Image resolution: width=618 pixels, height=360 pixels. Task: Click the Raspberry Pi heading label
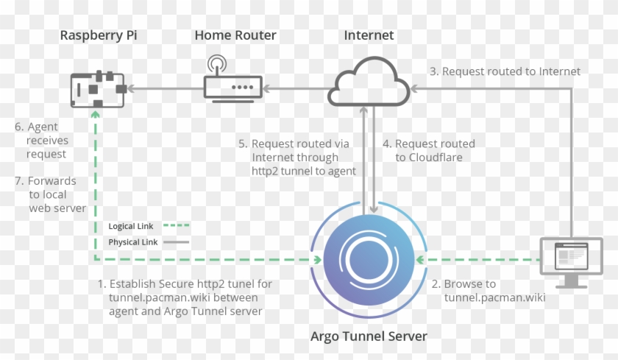click(99, 35)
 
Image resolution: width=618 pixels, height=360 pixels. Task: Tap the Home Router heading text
click(235, 35)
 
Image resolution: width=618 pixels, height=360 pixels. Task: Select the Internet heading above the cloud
click(369, 35)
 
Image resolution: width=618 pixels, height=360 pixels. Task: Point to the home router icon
click(233, 82)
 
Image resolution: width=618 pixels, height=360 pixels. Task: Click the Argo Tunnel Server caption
click(369, 336)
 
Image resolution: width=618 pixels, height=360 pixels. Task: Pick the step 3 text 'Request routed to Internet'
click(505, 71)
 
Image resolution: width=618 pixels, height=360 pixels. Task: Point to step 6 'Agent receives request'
click(42, 141)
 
